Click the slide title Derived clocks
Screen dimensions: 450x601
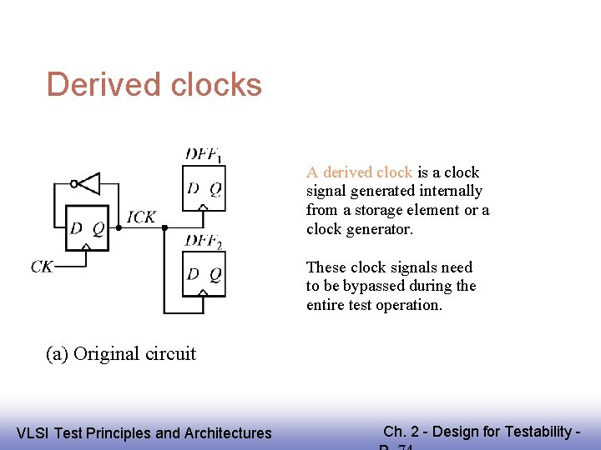point(154,85)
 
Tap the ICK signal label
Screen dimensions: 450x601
point(142,217)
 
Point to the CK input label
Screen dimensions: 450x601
point(43,267)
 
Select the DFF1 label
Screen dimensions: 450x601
point(204,154)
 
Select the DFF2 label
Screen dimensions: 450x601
point(204,241)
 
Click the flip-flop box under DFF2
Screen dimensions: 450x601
point(204,275)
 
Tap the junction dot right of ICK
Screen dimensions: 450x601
point(164,227)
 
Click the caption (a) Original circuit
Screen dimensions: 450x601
point(121,353)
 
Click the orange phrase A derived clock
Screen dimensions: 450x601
point(360,172)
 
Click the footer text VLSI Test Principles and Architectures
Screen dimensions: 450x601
point(144,432)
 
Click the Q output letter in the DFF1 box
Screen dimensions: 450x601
point(215,189)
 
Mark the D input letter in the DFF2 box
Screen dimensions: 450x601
point(193,274)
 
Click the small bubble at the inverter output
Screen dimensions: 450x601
point(74,183)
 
